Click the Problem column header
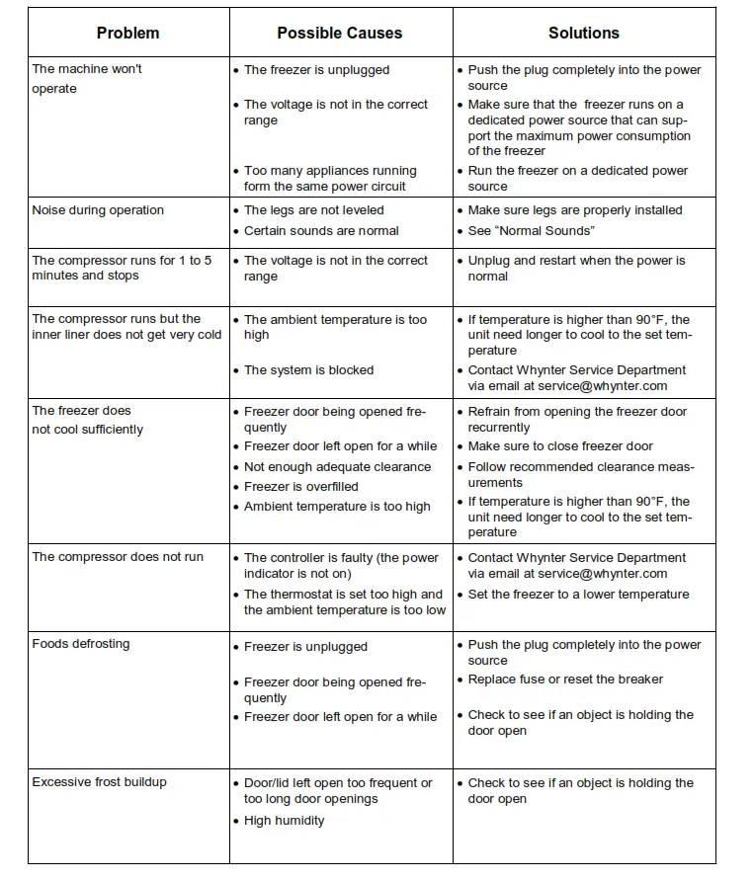(127, 33)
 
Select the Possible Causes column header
(339, 33)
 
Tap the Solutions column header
(583, 33)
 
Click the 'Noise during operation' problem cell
(98, 210)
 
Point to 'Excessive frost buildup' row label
(99, 782)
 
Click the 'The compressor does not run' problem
(118, 557)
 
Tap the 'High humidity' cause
(284, 821)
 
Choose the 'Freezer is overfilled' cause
(300, 487)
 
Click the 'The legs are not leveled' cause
(313, 210)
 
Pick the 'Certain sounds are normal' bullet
(321, 231)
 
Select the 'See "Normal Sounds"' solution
(531, 231)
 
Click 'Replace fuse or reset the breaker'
(565, 680)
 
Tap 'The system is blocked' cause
(308, 370)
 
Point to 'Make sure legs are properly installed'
(575, 210)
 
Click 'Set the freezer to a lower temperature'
(578, 595)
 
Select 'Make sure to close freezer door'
(560, 446)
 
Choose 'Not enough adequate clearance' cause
(337, 467)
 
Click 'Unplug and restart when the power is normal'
(576, 269)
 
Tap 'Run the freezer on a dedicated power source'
(578, 178)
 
